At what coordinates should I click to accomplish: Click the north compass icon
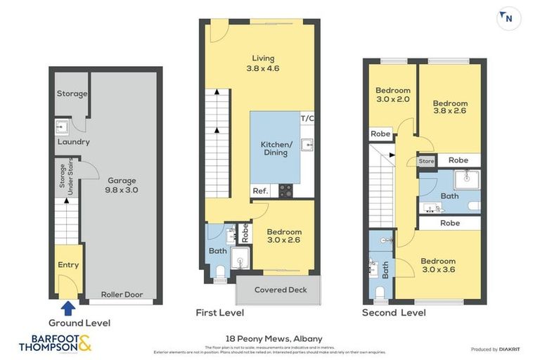507,18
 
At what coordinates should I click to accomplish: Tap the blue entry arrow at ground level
68,308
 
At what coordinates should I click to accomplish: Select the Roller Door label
122,295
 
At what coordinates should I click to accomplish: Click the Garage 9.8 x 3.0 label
122,185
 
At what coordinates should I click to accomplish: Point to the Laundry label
74,141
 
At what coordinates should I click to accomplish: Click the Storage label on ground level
72,94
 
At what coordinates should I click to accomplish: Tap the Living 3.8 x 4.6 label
264,63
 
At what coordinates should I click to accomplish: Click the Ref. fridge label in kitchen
259,190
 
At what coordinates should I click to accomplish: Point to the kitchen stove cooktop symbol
286,189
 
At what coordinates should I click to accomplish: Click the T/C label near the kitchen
307,118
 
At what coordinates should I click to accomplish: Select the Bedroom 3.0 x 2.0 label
392,94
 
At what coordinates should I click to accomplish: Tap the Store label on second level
426,161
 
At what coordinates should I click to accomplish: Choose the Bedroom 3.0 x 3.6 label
439,265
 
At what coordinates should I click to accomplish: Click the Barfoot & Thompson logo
55,343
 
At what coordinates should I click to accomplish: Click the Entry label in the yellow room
68,265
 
